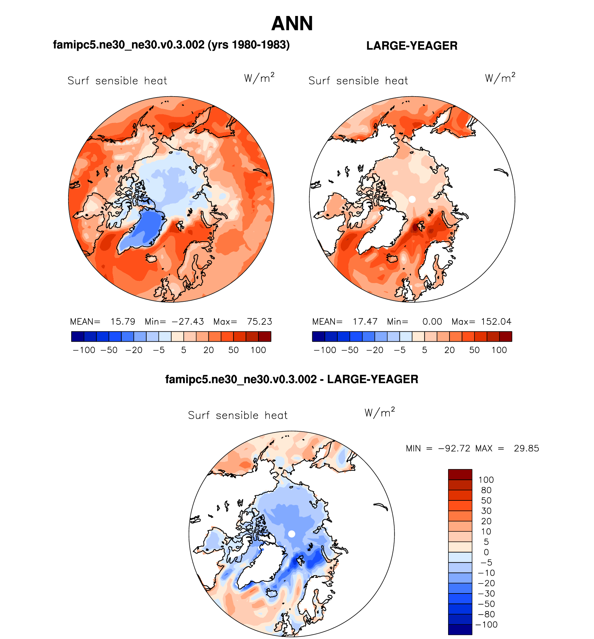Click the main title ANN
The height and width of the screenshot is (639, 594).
(x=292, y=24)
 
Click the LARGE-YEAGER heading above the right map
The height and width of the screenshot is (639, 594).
(x=412, y=46)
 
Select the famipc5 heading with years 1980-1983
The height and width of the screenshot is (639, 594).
(x=171, y=45)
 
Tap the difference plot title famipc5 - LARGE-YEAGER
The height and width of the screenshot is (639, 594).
(x=291, y=379)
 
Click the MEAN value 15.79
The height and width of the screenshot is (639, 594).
(x=123, y=322)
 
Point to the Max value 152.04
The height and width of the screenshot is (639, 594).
(x=496, y=322)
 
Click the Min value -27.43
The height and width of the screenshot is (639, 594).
(x=188, y=322)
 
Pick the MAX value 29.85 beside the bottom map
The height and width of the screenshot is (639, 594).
(x=526, y=448)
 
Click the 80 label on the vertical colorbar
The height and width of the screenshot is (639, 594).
(x=486, y=490)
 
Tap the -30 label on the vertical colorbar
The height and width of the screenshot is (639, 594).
(x=487, y=594)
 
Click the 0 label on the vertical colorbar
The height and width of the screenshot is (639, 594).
(x=486, y=552)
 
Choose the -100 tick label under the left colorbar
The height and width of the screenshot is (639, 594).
(x=84, y=350)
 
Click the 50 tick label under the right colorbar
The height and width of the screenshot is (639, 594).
(x=474, y=350)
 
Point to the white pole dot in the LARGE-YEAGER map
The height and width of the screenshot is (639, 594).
(x=412, y=199)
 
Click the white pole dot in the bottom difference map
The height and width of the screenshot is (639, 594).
(x=292, y=534)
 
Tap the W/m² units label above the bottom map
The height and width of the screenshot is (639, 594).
(x=380, y=412)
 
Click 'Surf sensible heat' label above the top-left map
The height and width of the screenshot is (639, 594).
(x=117, y=81)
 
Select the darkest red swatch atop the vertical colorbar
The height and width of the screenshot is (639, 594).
(x=460, y=474)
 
